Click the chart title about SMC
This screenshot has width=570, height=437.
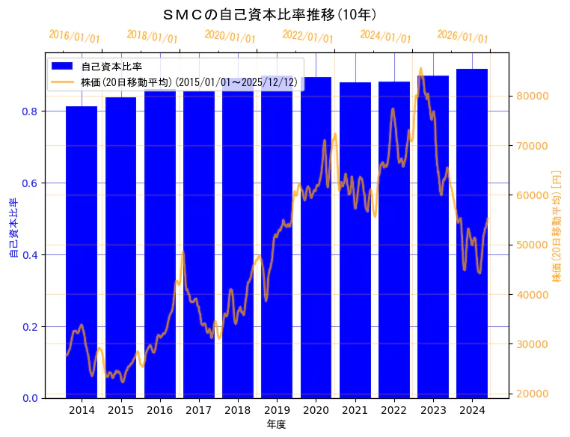point(269,14)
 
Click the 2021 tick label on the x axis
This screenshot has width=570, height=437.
point(355,410)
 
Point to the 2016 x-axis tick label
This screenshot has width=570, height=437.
point(159,410)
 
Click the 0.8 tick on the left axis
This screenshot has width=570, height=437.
point(29,111)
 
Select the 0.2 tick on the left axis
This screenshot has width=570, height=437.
point(29,327)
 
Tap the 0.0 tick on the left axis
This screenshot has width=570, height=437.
point(29,398)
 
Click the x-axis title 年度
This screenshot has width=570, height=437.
point(276,424)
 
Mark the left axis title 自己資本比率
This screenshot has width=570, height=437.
point(13,227)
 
